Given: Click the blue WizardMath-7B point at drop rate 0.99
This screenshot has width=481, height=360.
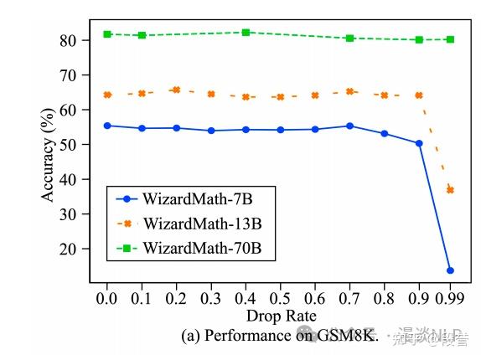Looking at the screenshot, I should point(450,270).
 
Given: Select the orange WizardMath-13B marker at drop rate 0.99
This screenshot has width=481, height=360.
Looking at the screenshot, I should point(450,190).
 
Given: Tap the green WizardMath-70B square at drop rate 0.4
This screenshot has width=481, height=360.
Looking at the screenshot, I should point(246,33).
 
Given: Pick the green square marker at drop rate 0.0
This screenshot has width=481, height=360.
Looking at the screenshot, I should point(107,34).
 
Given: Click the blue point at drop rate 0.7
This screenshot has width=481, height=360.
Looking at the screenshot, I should point(349,126).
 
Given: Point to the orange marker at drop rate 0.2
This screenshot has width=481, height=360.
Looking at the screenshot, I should point(176,90).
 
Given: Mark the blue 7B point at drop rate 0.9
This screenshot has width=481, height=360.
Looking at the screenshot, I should point(419,143).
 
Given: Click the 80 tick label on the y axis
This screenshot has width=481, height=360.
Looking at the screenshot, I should point(70,40).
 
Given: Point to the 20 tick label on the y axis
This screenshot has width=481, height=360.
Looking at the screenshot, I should point(70,249).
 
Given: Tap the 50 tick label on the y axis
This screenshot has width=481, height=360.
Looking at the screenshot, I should point(70,145).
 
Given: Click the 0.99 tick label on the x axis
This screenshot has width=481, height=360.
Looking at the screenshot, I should point(450,298).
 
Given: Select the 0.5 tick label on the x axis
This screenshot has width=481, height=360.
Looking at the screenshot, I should point(280,298).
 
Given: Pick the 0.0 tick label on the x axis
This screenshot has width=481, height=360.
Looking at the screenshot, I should point(107,298).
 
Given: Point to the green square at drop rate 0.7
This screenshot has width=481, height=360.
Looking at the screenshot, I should point(349,39).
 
